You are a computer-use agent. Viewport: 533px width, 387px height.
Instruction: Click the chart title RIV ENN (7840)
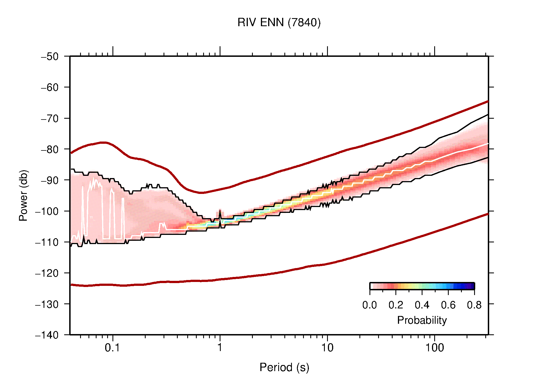click(x=279, y=23)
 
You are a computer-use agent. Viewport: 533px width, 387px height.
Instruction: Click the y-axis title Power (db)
click(x=24, y=195)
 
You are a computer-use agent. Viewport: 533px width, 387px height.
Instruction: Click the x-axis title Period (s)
click(x=284, y=367)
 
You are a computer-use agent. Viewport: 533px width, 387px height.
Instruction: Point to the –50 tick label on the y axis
click(x=50, y=57)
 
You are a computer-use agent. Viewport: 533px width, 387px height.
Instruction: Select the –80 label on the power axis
click(x=50, y=149)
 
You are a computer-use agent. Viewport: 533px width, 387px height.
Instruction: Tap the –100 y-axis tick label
click(x=47, y=211)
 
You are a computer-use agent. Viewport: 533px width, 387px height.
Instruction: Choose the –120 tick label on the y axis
click(x=47, y=273)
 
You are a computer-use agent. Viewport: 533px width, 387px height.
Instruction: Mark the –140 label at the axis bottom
click(x=47, y=335)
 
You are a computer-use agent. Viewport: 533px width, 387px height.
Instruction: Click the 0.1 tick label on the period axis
click(x=112, y=348)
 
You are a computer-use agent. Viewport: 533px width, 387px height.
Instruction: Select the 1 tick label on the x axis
click(x=220, y=348)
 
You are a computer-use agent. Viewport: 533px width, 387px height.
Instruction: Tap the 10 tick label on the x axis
click(x=327, y=348)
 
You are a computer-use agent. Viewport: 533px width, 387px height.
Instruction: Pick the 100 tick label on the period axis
click(x=434, y=348)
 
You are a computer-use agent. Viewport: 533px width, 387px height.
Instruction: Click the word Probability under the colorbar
click(x=422, y=320)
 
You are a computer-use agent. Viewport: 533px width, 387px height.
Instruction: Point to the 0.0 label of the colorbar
click(x=369, y=305)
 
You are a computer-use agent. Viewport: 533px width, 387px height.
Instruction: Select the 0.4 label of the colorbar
click(x=422, y=305)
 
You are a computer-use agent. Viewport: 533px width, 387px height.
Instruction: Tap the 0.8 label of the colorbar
click(x=474, y=305)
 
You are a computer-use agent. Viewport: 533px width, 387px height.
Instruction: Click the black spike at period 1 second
click(x=220, y=215)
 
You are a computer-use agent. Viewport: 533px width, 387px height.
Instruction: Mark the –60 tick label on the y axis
click(x=50, y=87)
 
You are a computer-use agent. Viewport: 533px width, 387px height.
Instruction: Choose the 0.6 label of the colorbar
click(x=448, y=305)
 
